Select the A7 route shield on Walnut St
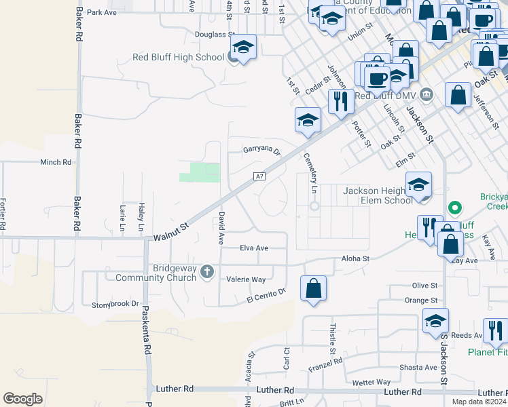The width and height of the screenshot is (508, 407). (x=259, y=176)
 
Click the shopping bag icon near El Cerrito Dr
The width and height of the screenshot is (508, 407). (x=313, y=288)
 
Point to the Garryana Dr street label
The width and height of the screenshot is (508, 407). (x=262, y=151)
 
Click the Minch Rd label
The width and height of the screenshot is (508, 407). (x=56, y=162)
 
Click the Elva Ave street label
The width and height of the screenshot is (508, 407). (x=254, y=248)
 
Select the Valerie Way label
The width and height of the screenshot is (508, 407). (x=246, y=279)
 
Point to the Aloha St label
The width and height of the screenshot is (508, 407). (x=355, y=258)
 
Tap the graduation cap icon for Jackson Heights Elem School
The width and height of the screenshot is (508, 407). (x=418, y=185)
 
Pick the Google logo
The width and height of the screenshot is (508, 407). (x=22, y=399)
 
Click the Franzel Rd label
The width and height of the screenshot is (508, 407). (x=325, y=365)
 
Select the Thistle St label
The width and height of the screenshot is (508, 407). (x=332, y=338)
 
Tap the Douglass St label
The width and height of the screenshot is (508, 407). (x=215, y=33)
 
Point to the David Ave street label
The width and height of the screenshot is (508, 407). (x=221, y=227)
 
